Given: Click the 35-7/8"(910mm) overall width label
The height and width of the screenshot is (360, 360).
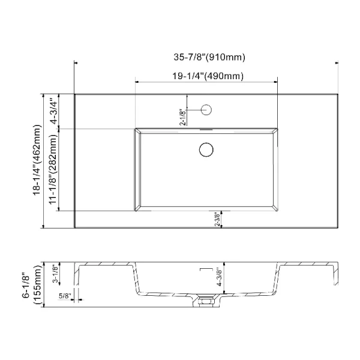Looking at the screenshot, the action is (209, 57).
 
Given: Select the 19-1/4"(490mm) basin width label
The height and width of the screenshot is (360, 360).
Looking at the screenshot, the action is (208, 76).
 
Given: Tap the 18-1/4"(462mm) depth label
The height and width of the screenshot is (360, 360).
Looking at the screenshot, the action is (37, 160).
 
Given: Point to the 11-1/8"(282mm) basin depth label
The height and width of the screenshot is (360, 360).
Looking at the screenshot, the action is (53, 169).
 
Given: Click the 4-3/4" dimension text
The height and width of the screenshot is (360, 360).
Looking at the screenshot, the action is (54, 112).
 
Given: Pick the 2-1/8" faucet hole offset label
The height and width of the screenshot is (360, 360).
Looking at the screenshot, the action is (183, 117).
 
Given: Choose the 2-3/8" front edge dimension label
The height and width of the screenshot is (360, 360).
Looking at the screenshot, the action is (217, 220).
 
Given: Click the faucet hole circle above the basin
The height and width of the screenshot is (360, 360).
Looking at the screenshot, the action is (206, 110).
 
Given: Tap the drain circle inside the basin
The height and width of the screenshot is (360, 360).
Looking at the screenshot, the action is (206, 149).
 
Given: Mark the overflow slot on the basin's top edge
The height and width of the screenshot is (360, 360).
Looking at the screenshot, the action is (206, 130).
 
